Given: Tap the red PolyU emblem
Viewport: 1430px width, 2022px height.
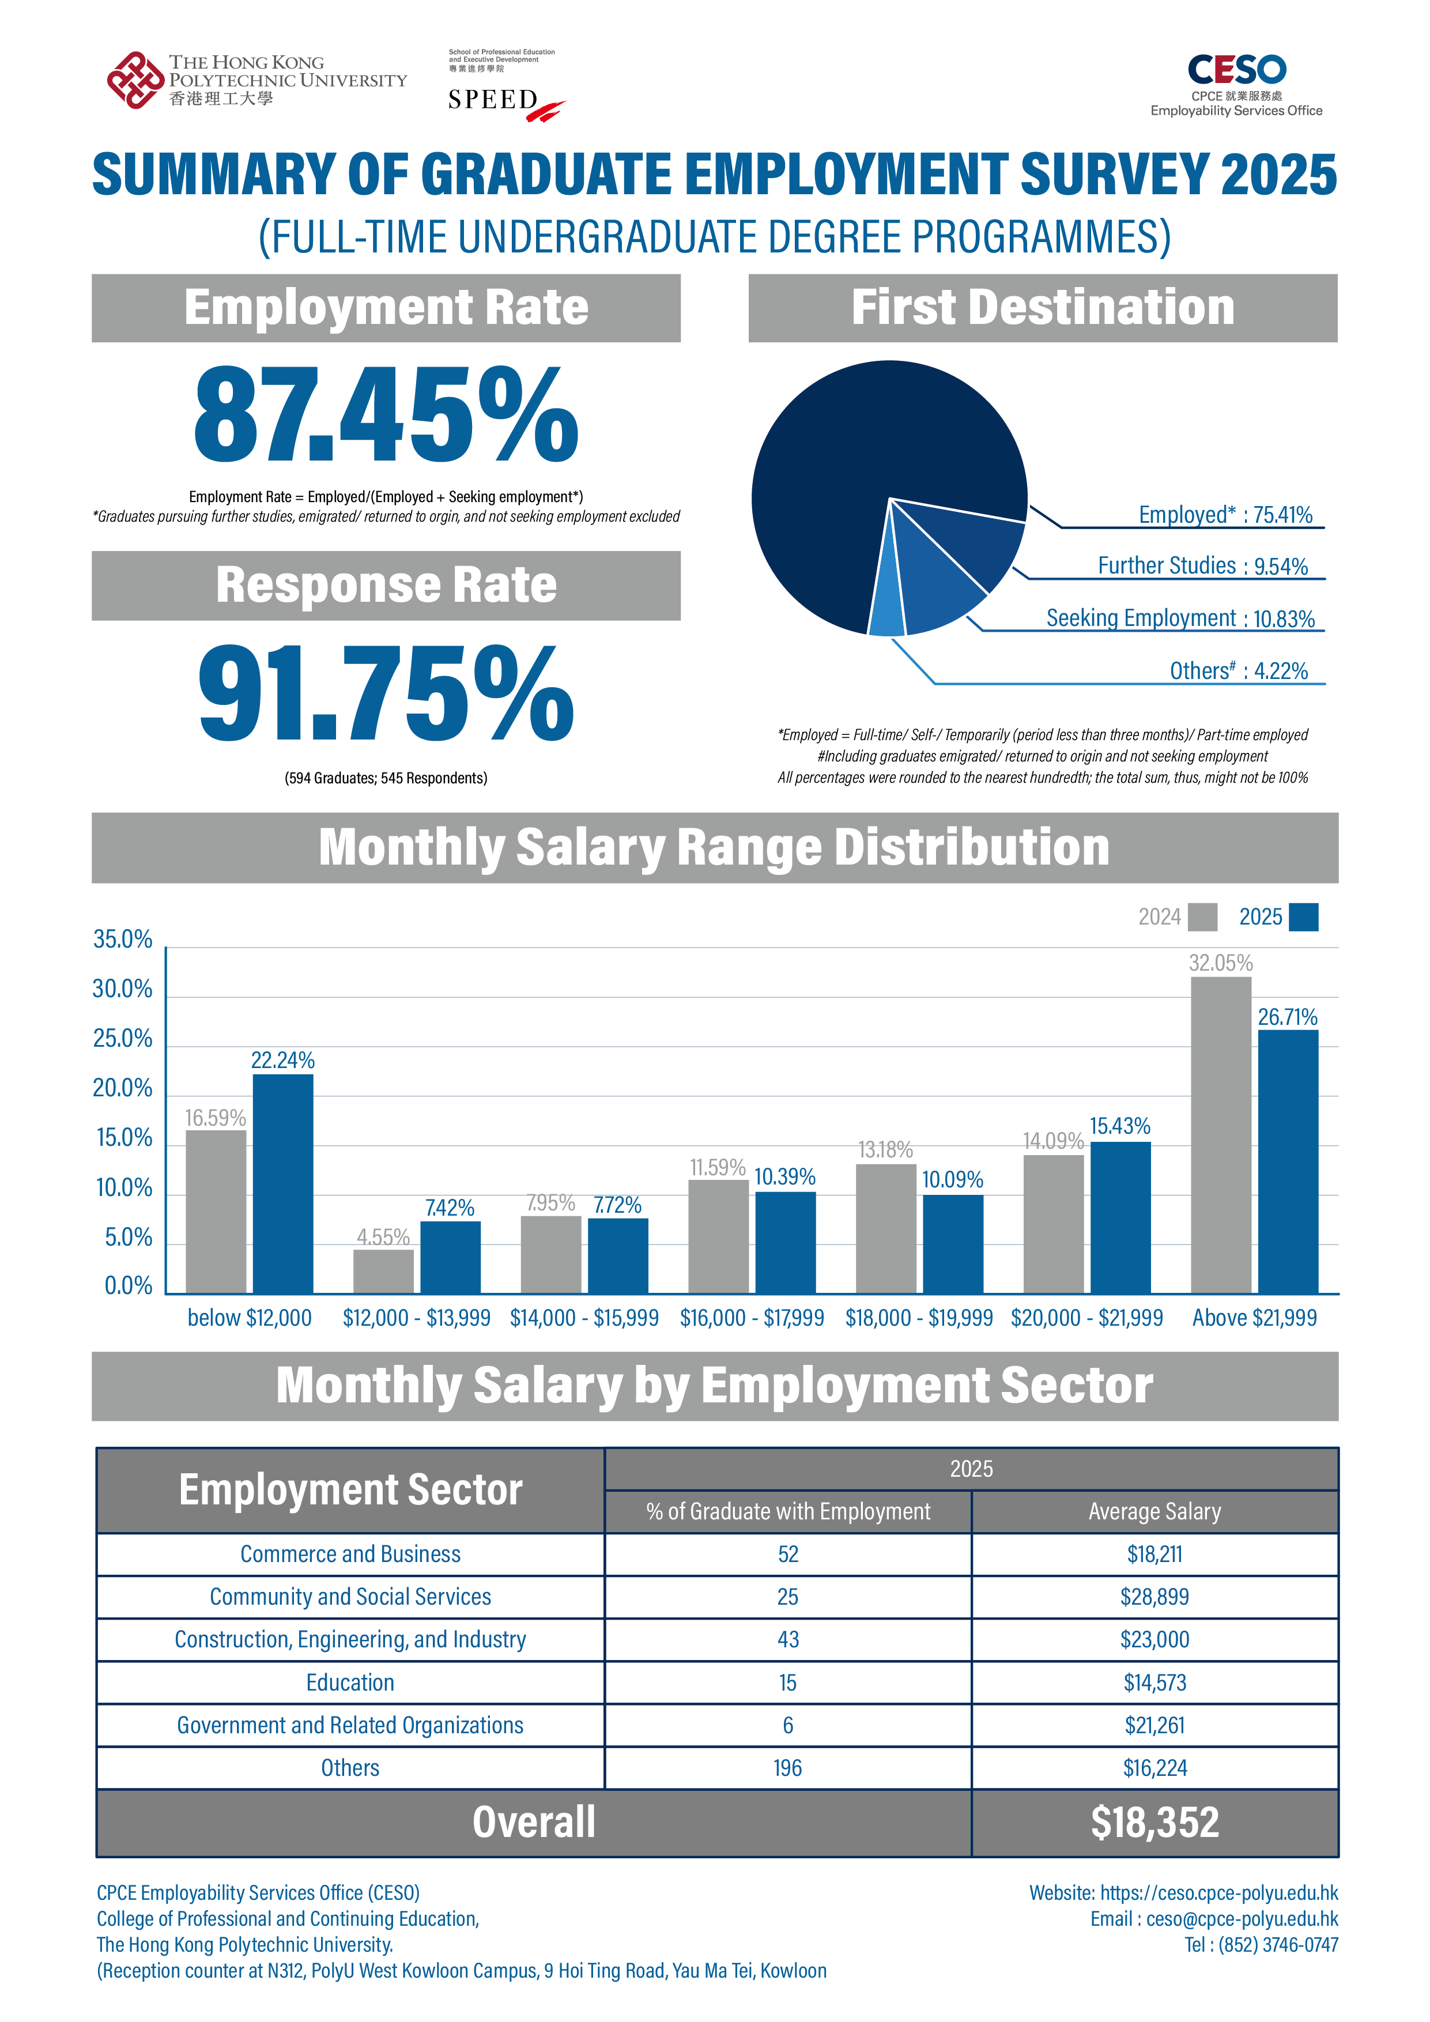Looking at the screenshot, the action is (135, 80).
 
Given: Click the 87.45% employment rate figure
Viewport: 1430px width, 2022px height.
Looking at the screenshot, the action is (386, 414).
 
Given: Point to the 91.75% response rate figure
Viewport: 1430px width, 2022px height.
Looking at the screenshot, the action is (386, 692).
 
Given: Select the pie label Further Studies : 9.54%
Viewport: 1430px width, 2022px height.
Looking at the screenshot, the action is (1202, 565).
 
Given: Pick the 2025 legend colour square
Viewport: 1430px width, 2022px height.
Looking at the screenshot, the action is (1303, 917).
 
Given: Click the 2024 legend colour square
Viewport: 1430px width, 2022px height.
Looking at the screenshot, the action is (1202, 917).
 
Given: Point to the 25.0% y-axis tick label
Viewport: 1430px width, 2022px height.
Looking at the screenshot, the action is (122, 1039).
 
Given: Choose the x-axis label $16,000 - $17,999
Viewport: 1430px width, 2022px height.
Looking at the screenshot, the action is (752, 1318).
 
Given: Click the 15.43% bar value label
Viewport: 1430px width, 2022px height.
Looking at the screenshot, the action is (1120, 1126).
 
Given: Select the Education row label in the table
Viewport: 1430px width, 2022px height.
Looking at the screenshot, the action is (350, 1683).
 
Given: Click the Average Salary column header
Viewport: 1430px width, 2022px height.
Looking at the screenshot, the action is (1154, 1511).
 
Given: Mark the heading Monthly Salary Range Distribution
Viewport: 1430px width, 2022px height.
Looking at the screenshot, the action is (714, 847).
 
